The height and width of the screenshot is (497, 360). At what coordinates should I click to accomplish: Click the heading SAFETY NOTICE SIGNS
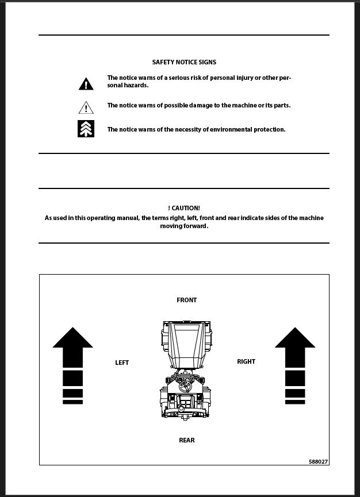tap(184, 62)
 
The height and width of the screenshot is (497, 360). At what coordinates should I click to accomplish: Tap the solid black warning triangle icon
tap(86, 84)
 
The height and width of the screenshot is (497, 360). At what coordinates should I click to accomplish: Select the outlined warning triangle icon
tap(86, 107)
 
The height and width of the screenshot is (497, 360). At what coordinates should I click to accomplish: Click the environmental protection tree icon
tap(86, 129)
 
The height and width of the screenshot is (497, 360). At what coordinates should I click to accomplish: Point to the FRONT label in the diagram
tap(186, 300)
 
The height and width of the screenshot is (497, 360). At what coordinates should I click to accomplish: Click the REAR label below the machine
tap(186, 440)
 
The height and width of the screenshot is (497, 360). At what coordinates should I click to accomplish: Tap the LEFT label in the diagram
tap(122, 363)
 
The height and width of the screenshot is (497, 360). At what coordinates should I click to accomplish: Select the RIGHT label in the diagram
tap(246, 361)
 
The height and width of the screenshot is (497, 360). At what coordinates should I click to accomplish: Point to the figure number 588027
tap(319, 461)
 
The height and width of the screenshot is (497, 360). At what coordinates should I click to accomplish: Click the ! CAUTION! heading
tap(184, 208)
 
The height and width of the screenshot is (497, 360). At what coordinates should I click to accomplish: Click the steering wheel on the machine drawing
tap(185, 382)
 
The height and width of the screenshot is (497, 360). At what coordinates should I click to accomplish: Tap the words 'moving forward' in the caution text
tap(184, 226)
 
